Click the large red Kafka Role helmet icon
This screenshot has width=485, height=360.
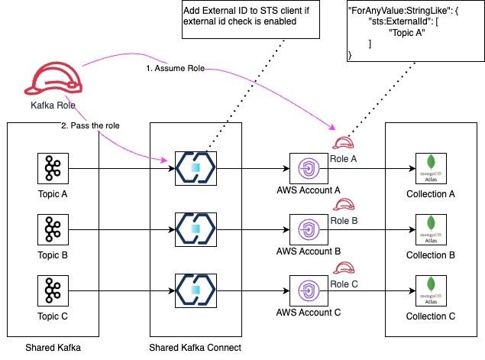pyautogui.click(x=53, y=78)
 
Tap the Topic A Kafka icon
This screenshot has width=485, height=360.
pyautogui.click(x=53, y=168)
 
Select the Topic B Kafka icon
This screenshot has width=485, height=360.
pyautogui.click(x=53, y=229)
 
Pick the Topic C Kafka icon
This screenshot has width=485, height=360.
pyautogui.click(x=53, y=290)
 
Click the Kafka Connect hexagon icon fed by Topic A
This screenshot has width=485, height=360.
pyautogui.click(x=196, y=168)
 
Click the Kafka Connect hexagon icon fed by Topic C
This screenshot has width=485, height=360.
pyautogui.click(x=196, y=290)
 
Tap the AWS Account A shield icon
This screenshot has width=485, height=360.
pyautogui.click(x=309, y=168)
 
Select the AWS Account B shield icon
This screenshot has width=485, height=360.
pyautogui.click(x=309, y=229)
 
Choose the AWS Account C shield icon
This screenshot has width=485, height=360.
pyautogui.click(x=309, y=290)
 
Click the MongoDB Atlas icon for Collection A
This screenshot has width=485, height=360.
pyautogui.click(x=431, y=168)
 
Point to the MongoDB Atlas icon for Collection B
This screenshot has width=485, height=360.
pyautogui.click(x=431, y=229)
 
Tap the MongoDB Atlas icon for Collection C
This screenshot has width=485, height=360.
pyautogui.click(x=431, y=290)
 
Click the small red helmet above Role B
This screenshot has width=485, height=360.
pyautogui.click(x=344, y=205)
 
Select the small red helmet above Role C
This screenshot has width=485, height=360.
pyautogui.click(x=344, y=268)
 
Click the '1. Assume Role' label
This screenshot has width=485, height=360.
pyautogui.click(x=175, y=68)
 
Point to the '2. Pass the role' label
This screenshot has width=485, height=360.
pyautogui.click(x=90, y=125)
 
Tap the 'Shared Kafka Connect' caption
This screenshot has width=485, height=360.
pyautogui.click(x=196, y=348)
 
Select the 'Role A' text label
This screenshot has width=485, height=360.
pyautogui.click(x=344, y=159)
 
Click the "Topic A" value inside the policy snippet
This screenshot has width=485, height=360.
pyautogui.click(x=407, y=33)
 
